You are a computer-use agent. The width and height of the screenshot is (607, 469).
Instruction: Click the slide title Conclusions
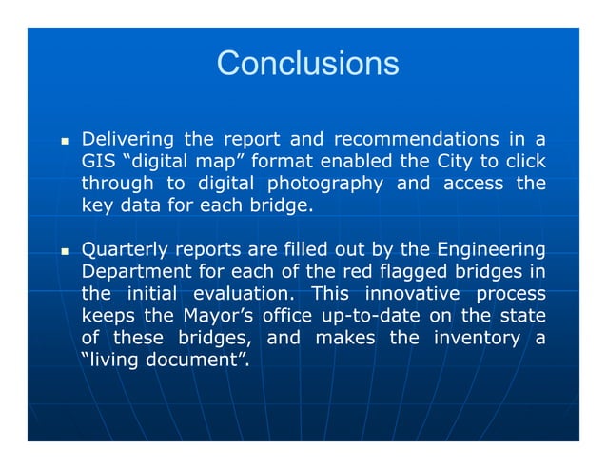307,64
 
